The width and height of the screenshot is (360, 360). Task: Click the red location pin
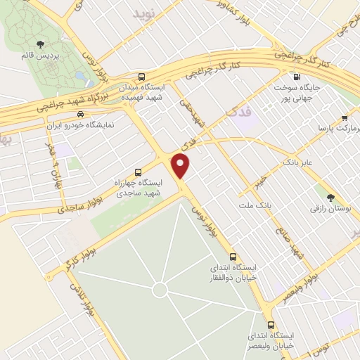(x=181, y=167)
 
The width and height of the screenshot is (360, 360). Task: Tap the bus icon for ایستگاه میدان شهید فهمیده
(x=143, y=77)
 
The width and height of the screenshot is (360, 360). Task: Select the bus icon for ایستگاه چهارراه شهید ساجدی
(x=138, y=171)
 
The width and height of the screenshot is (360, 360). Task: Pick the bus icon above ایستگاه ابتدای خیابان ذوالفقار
(x=233, y=257)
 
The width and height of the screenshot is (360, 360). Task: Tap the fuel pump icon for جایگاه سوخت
(x=296, y=77)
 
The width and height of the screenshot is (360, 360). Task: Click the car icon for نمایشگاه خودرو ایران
(x=82, y=115)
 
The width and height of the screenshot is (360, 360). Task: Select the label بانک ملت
(x=256, y=205)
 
